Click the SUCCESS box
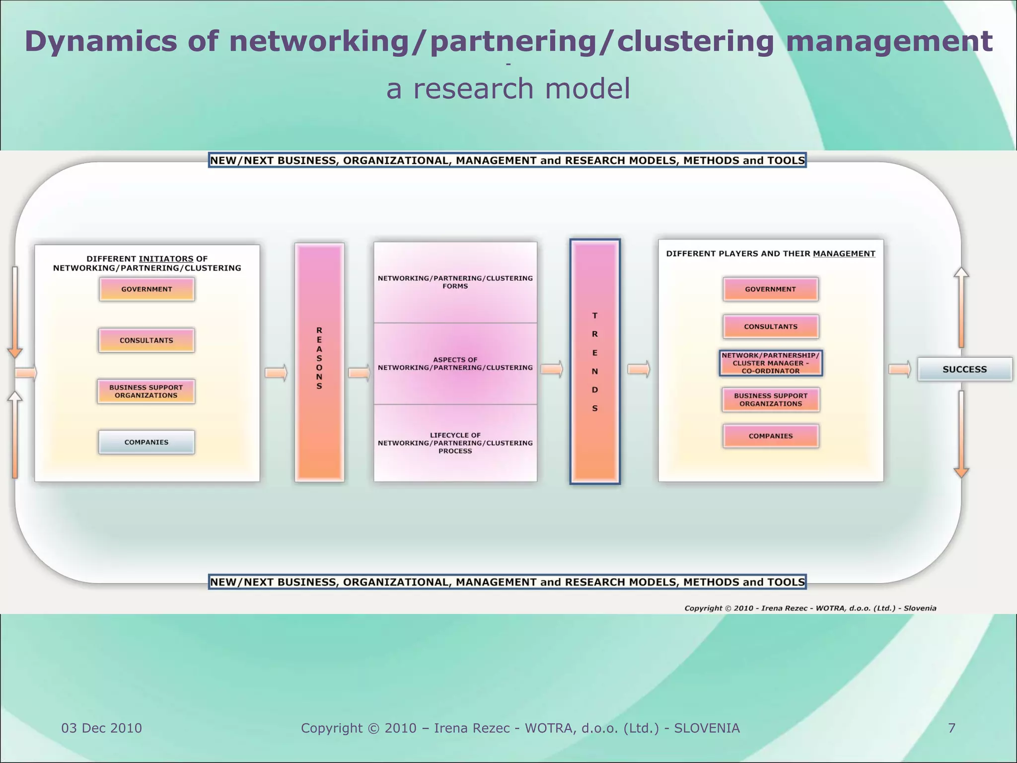tap(964, 369)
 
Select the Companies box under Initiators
tap(146, 442)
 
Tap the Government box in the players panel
tap(770, 289)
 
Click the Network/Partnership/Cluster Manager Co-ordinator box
tap(770, 363)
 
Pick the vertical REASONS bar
tap(319, 362)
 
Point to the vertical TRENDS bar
tap(594, 362)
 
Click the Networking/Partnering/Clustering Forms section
tap(455, 282)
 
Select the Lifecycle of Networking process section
tap(455, 443)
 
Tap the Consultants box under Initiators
tap(146, 340)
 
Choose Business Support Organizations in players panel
tap(770, 400)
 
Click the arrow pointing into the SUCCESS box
tap(899, 369)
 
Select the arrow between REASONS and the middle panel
tap(359, 373)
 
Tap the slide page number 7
tap(951, 728)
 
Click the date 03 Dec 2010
tap(101, 728)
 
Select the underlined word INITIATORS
tap(166, 259)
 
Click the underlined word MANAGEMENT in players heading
tap(844, 254)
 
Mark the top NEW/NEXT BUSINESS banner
tap(507, 160)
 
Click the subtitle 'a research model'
tap(508, 89)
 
